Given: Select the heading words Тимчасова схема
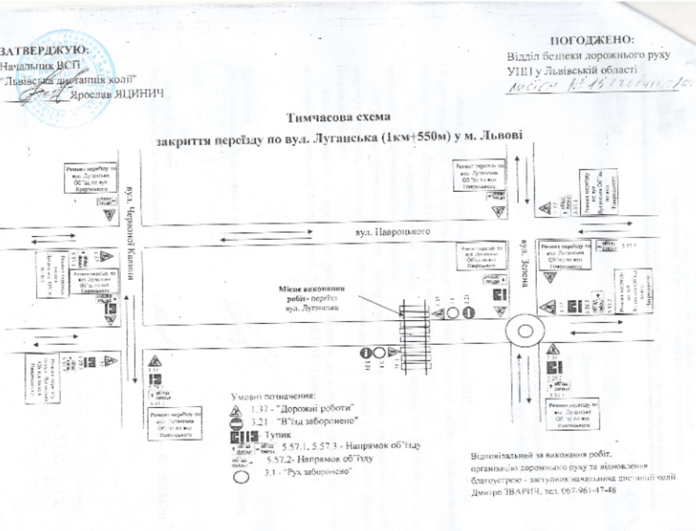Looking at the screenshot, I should tap(339, 118).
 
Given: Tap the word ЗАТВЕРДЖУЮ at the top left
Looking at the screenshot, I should tap(45, 51).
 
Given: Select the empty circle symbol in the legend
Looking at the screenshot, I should tap(240, 476).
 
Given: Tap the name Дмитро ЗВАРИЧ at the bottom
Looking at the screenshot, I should tap(505, 490).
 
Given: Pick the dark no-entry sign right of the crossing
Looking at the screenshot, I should tap(467, 313).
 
